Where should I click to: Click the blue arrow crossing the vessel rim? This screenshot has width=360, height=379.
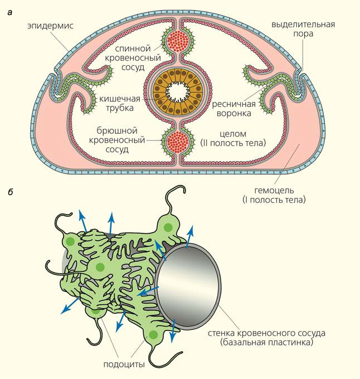[x=147, y=290]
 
